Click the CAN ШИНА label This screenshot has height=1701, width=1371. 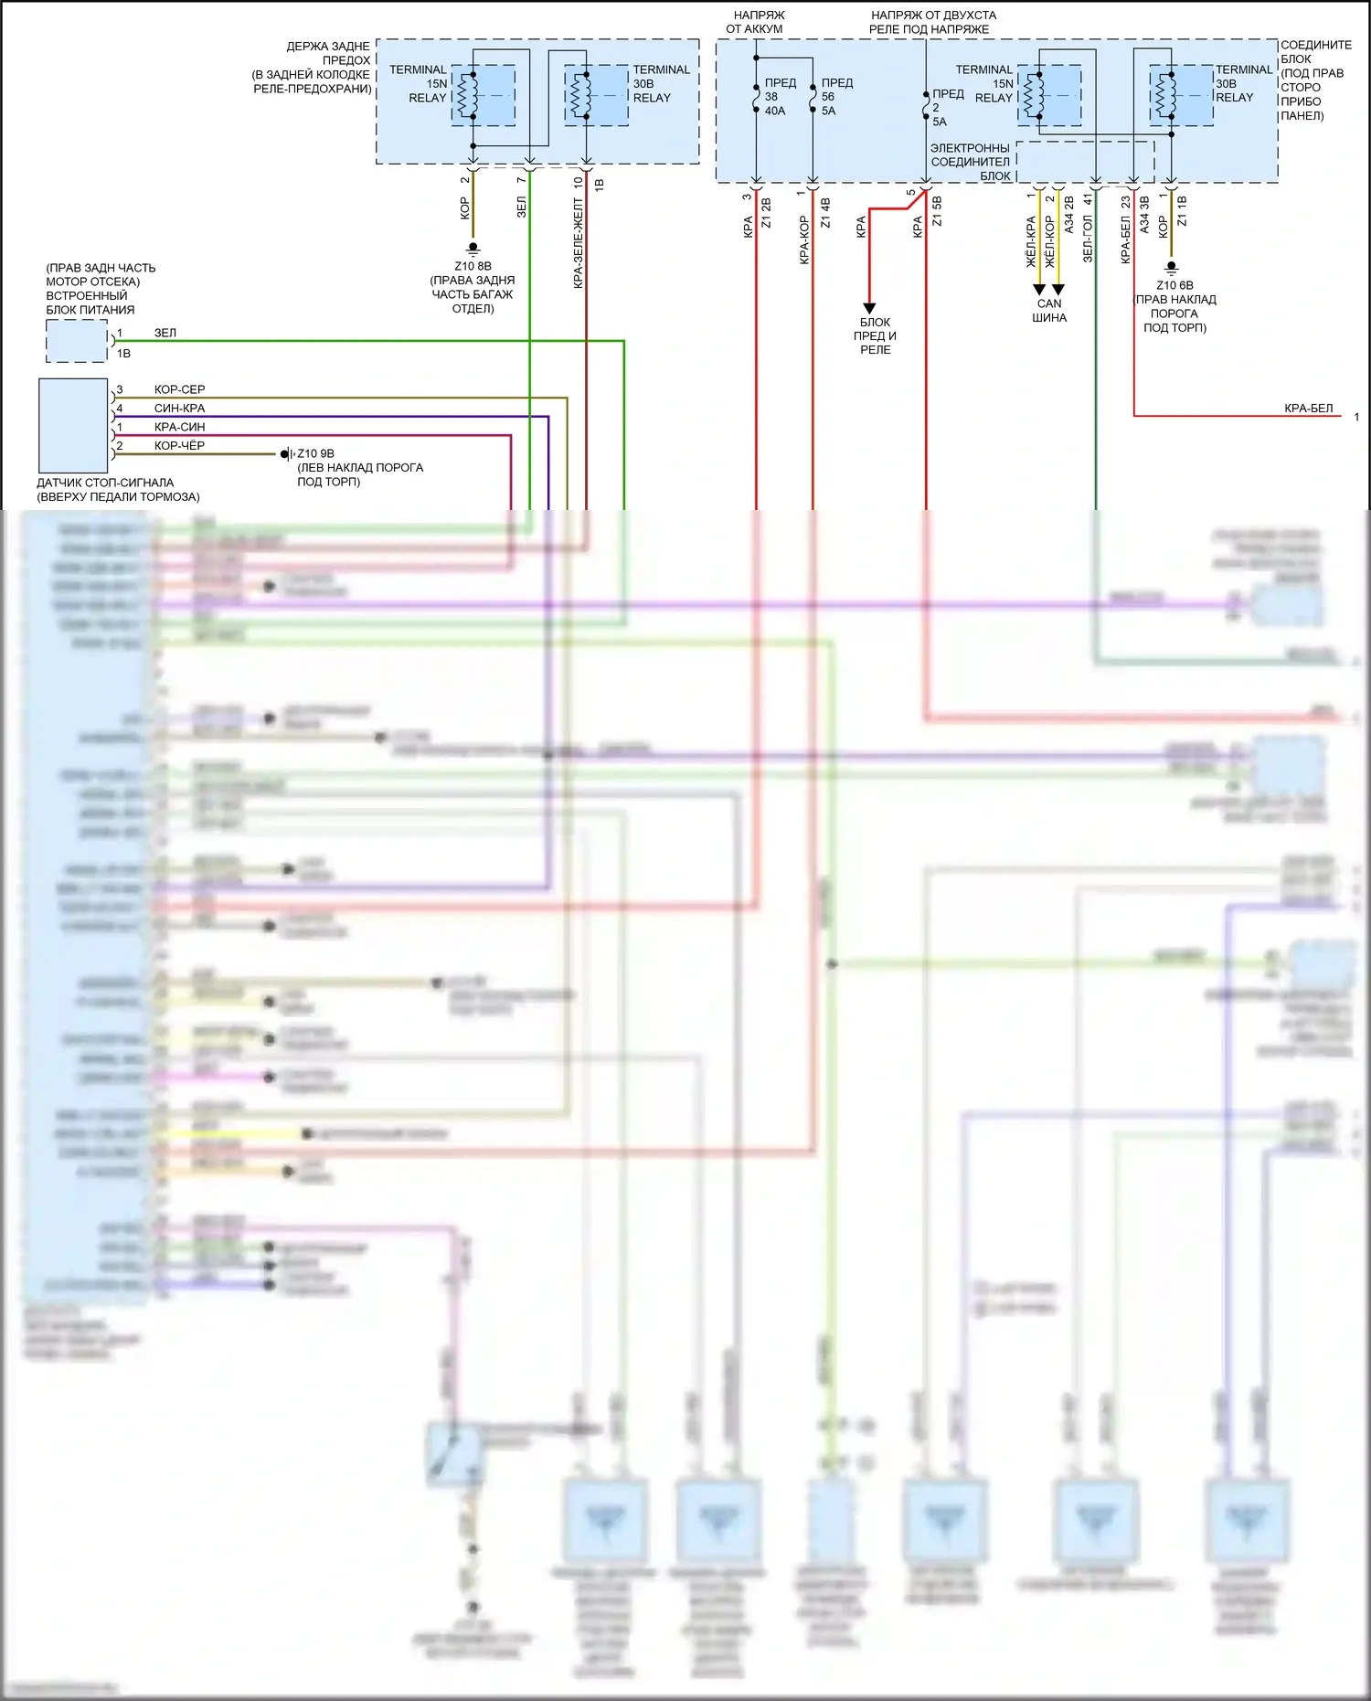[1049, 311]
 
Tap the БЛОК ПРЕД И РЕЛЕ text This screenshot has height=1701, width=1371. [875, 335]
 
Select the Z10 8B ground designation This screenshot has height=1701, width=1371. [473, 267]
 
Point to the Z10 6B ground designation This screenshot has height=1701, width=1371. [1174, 285]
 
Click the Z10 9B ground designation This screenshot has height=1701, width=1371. [315, 453]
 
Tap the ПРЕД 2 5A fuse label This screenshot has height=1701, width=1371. [945, 107]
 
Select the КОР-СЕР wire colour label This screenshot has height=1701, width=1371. [179, 389]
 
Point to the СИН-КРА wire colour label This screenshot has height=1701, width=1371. [179, 409]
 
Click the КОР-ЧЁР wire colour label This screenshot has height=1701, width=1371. [179, 446]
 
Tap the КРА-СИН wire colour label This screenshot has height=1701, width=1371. [179, 427]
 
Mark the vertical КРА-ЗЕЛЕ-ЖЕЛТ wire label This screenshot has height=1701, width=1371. [579, 243]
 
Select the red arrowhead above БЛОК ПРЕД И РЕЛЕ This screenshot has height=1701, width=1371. [869, 308]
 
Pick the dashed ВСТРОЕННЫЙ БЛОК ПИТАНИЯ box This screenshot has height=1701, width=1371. [77, 342]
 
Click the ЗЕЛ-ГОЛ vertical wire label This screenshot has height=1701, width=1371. [1088, 239]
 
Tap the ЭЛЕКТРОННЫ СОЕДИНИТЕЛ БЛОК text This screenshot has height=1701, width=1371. [970, 162]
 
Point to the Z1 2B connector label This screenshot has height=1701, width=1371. [766, 213]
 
